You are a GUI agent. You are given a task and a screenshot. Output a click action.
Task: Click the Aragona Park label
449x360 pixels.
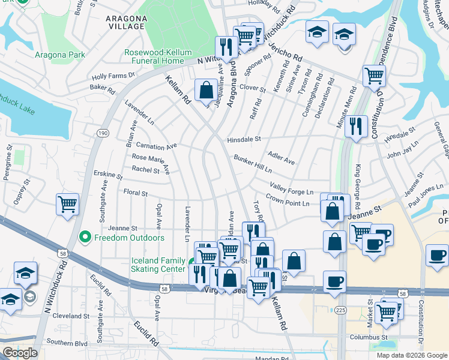coord(59,55)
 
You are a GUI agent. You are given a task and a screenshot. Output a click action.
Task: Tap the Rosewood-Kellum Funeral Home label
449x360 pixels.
coord(154,56)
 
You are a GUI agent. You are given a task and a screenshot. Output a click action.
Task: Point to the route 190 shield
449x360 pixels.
coord(103,133)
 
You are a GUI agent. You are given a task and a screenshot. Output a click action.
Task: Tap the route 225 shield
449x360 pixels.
coord(341,310)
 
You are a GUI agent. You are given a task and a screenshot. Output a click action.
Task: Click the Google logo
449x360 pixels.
coord(19,353)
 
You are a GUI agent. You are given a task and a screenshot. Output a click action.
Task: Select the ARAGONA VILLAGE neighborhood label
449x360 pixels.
coord(125,22)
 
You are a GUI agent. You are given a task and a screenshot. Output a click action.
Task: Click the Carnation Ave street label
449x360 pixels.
coord(156,146)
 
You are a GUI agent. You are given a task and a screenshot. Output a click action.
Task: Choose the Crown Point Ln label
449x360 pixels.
coord(288,202)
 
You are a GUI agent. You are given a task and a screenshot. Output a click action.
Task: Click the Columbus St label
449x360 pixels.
coord(369,337)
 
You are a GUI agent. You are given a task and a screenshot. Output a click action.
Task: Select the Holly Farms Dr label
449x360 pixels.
coord(113,76)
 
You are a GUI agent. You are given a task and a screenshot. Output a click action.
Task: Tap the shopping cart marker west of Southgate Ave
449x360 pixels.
coord(67,204)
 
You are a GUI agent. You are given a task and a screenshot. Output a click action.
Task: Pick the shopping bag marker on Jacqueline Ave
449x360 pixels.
coord(206,91)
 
